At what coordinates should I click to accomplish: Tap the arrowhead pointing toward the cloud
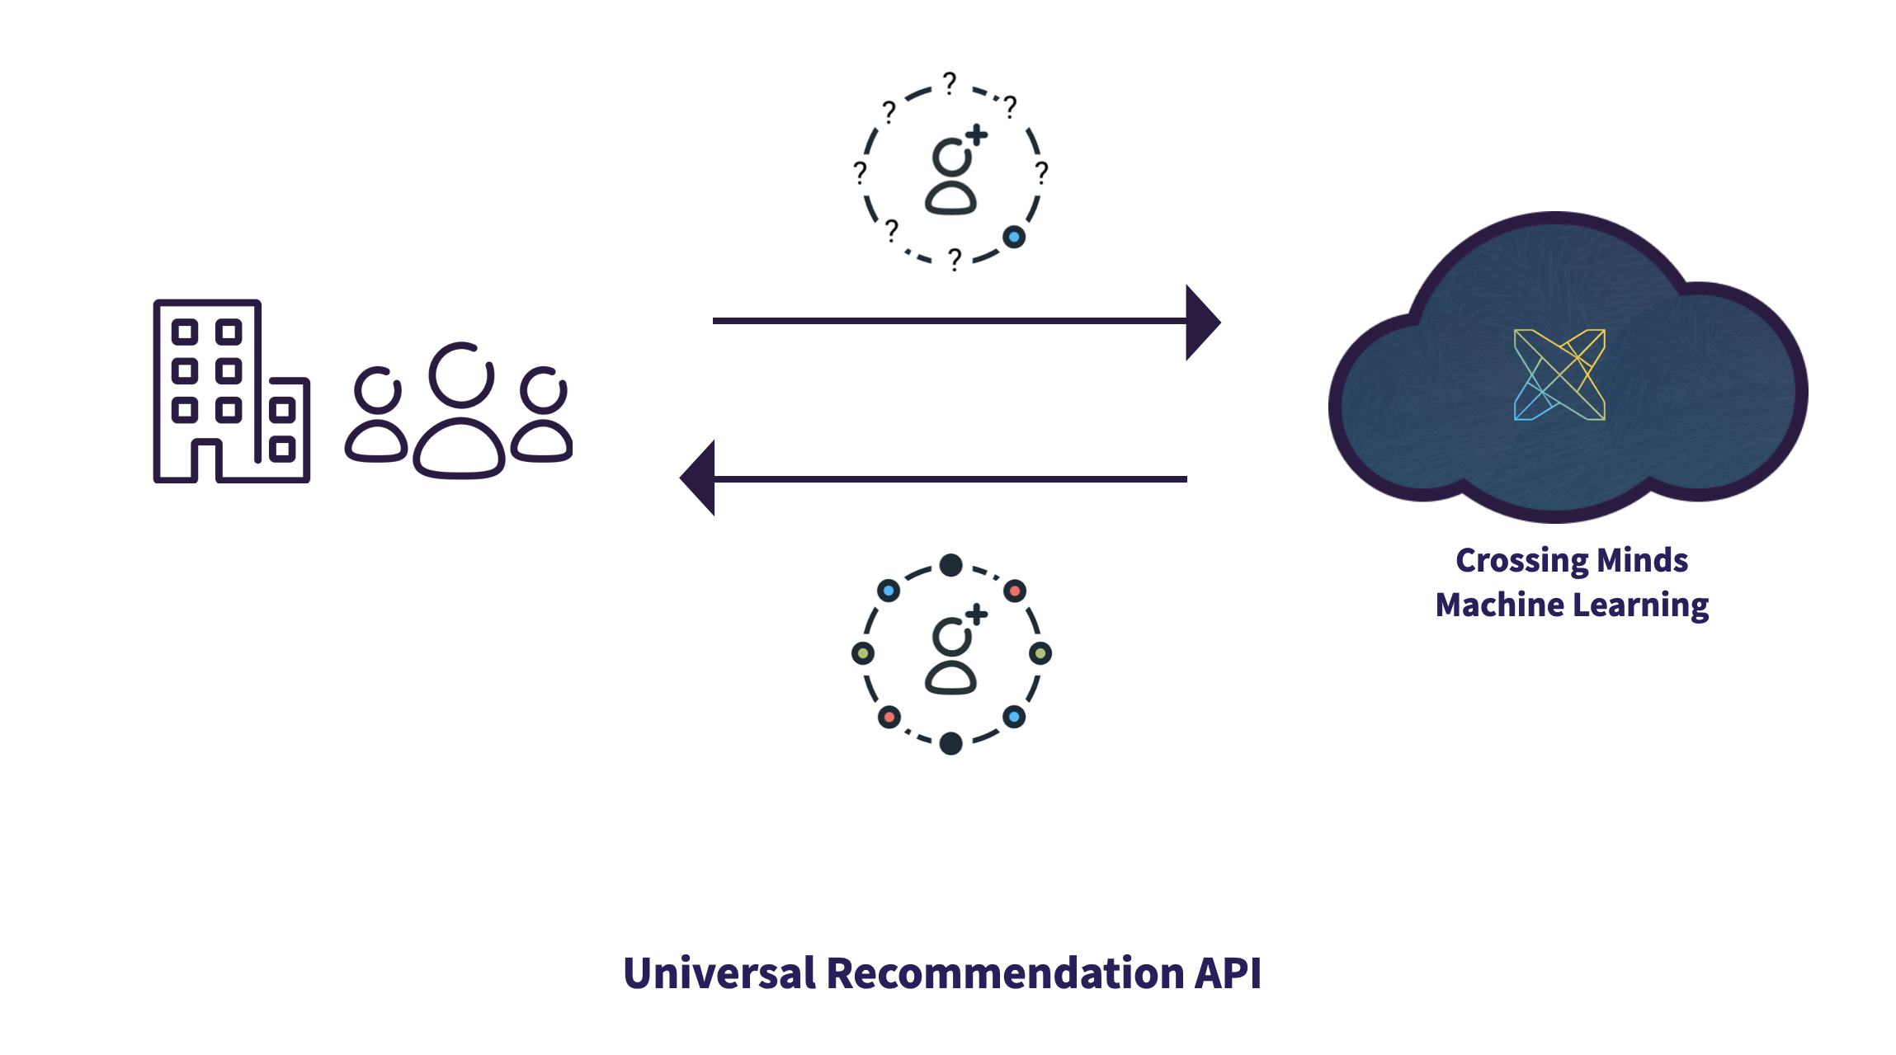[x=1203, y=323]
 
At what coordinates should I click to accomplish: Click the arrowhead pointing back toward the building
[x=697, y=478]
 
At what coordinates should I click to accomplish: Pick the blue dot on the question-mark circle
[x=1014, y=238]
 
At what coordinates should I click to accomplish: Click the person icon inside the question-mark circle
[x=950, y=177]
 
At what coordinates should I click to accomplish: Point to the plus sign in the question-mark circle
[x=977, y=134]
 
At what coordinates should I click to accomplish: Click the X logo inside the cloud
[x=1559, y=374]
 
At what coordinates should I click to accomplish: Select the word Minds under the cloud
[x=1643, y=560]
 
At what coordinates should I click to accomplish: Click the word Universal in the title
[x=719, y=973]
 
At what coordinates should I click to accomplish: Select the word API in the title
[x=1229, y=973]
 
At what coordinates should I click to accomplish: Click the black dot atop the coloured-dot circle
[x=951, y=565]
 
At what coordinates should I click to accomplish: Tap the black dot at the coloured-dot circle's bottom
[x=951, y=743]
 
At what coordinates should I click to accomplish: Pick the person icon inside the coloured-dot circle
[x=950, y=657]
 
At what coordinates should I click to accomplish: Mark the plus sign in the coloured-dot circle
[x=977, y=615]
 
